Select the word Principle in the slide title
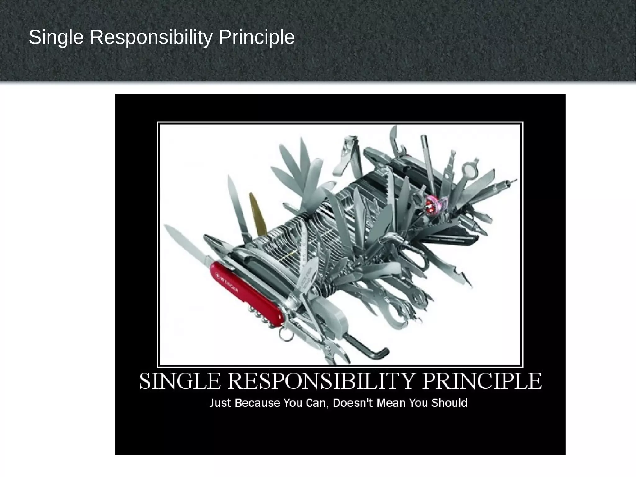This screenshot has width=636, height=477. coord(257,38)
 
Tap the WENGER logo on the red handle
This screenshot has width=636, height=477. coord(229,282)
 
